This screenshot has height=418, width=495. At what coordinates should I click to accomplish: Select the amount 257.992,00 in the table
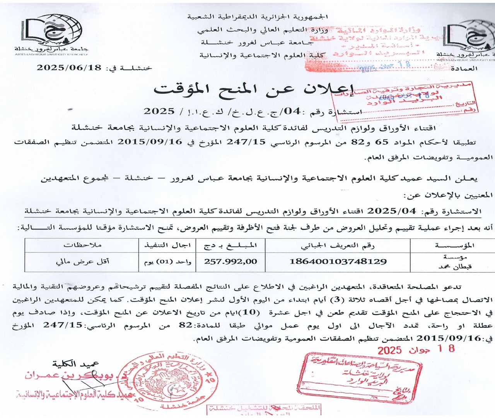(230, 262)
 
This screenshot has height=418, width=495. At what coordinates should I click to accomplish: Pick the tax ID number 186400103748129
(338, 262)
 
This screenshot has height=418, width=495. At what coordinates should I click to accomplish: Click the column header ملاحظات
(82, 245)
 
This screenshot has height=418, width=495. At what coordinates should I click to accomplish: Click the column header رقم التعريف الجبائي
(338, 245)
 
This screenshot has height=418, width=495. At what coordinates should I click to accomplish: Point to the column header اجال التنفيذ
(167, 245)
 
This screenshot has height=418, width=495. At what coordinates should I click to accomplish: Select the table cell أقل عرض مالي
(82, 262)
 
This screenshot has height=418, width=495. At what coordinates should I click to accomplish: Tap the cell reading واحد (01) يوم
(167, 262)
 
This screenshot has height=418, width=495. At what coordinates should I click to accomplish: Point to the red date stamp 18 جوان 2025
(416, 349)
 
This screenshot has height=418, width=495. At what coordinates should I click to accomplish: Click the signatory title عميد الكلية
(76, 364)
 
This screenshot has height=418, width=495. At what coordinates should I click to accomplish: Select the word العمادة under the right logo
(464, 69)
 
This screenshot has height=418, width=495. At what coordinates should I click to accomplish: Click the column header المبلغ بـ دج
(230, 245)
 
